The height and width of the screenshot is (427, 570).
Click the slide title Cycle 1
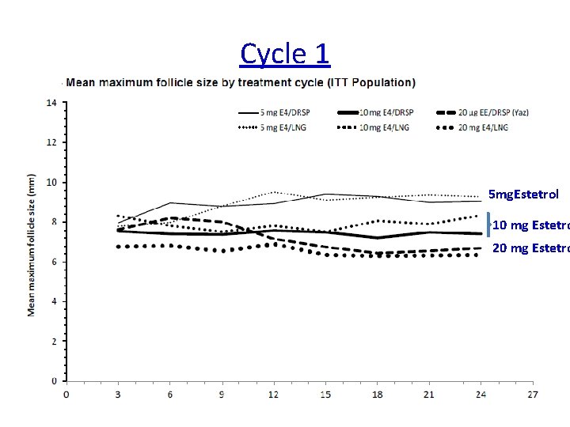point(285,54)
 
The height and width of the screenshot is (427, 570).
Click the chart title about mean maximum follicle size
point(241,82)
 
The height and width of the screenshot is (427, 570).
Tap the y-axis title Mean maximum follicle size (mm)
point(32,245)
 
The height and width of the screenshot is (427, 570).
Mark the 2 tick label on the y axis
point(53,342)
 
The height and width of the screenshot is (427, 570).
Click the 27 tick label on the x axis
point(532,394)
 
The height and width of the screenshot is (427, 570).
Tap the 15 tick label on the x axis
point(325,394)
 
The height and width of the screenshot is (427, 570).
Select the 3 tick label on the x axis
point(118,394)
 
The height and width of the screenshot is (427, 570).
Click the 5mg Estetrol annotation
point(523,194)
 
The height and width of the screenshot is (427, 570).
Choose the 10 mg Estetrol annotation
point(530,225)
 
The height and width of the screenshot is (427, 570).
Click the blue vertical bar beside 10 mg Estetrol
point(489,225)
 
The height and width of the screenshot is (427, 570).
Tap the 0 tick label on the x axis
point(66,394)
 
